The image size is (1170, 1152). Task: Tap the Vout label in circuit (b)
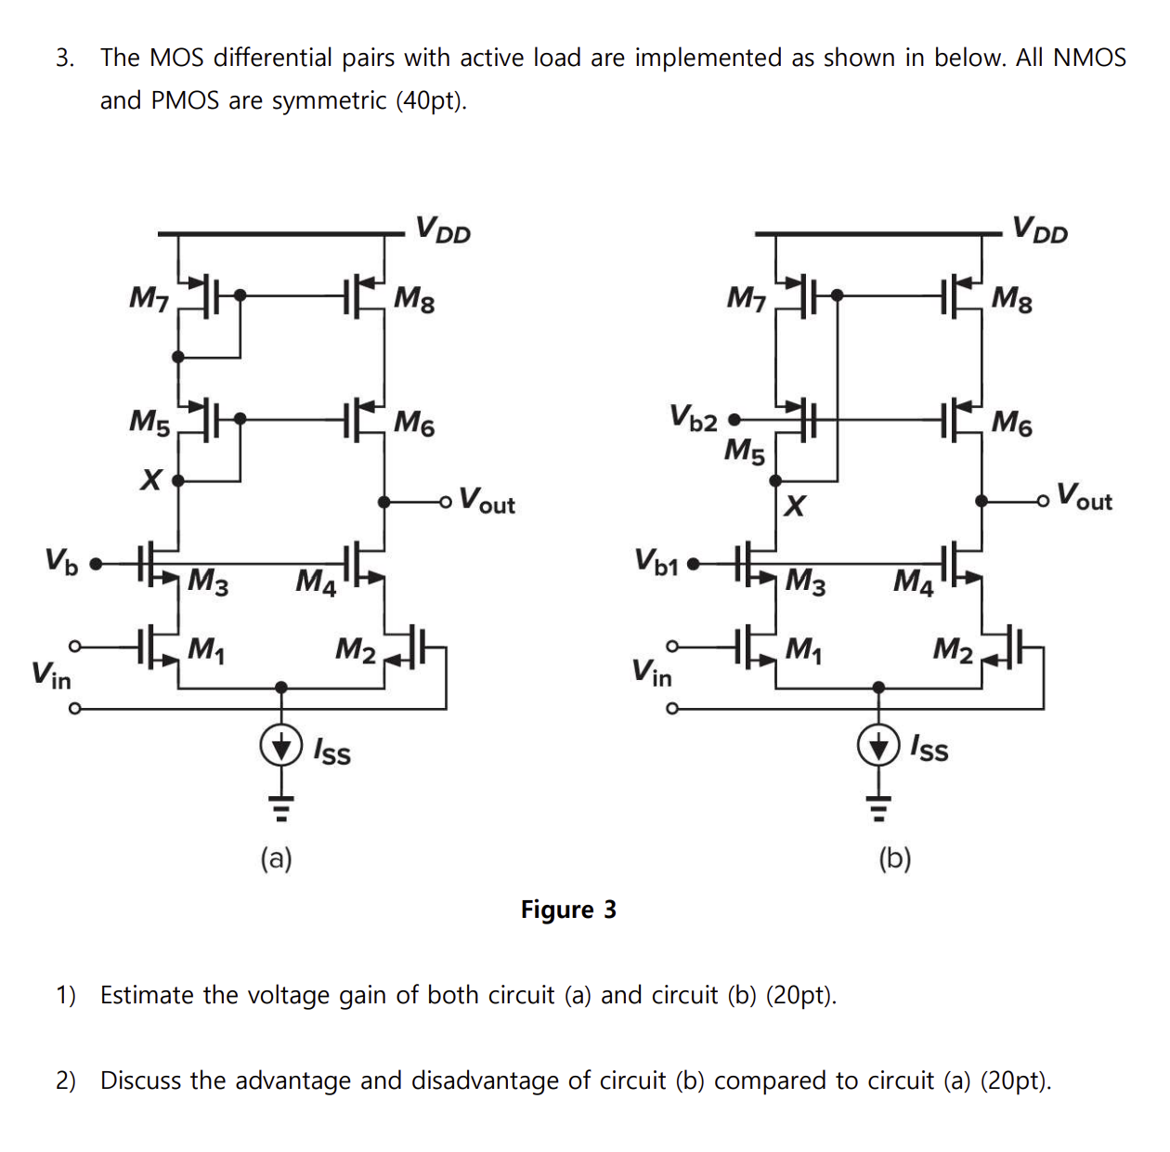[x=1085, y=498]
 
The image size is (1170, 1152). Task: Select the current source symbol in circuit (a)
[x=281, y=746]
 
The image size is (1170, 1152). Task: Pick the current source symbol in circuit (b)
[x=878, y=746]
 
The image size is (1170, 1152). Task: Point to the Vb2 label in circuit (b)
[x=694, y=417]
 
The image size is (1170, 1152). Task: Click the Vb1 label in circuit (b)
[x=656, y=561]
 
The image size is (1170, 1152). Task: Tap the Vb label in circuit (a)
[x=62, y=561]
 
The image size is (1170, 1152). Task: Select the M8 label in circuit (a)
[x=414, y=298]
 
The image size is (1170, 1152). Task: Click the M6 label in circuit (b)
[x=1011, y=423]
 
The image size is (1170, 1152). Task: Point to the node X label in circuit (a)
[x=150, y=479]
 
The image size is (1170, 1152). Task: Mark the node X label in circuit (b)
[x=795, y=505]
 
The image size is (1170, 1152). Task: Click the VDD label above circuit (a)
[x=443, y=229]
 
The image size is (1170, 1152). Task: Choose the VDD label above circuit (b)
[x=1040, y=229]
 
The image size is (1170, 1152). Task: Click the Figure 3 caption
[x=568, y=910]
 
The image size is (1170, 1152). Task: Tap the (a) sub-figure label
[x=276, y=857]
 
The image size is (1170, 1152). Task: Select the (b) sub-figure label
[x=895, y=857]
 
